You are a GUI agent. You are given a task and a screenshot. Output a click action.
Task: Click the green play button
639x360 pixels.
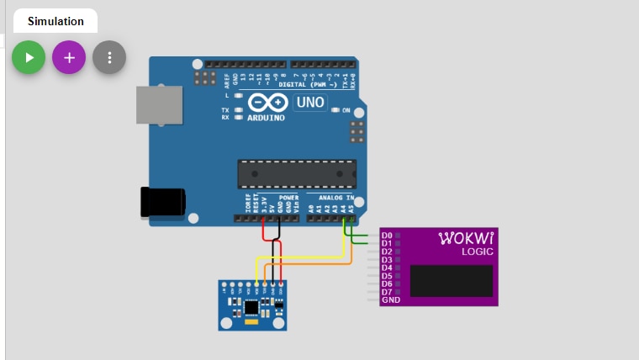(x=29, y=57)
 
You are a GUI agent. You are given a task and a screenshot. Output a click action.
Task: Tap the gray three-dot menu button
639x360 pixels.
(x=109, y=57)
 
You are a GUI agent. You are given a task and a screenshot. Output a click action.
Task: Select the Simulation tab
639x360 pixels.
(x=55, y=21)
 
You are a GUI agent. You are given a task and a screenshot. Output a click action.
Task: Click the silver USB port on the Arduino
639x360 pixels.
(x=159, y=108)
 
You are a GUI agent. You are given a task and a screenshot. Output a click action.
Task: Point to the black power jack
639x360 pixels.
(x=163, y=203)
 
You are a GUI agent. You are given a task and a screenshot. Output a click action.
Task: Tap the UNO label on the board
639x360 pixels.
(x=308, y=102)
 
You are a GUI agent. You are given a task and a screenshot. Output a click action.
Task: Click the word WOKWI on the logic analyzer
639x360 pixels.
(x=467, y=239)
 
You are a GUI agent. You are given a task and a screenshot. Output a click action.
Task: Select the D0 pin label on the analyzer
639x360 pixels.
(x=387, y=235)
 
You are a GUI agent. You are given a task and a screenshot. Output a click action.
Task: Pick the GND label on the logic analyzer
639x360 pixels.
(x=390, y=300)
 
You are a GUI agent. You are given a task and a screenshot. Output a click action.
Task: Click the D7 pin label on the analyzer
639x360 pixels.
(x=387, y=292)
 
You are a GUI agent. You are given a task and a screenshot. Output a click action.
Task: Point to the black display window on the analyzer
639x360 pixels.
(x=451, y=280)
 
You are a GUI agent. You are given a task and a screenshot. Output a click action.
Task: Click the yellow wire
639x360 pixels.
(x=303, y=257)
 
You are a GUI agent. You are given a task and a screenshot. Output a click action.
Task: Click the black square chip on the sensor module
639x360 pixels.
(x=251, y=306)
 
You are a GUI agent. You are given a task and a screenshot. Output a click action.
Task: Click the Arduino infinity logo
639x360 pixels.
(x=267, y=103)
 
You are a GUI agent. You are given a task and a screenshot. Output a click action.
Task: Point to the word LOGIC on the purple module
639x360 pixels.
(x=478, y=251)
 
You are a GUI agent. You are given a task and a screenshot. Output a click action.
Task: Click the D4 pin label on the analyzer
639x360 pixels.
(x=387, y=267)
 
